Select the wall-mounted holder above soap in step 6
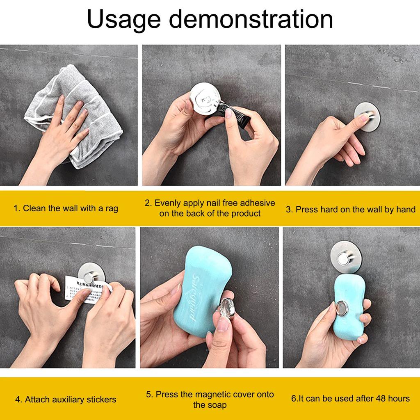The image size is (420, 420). click(x=346, y=257)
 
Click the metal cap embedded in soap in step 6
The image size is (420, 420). click(x=342, y=308)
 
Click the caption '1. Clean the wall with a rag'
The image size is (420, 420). click(x=66, y=208)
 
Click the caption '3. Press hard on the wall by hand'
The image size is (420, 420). click(x=351, y=210)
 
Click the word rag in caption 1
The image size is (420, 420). click(x=111, y=208)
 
